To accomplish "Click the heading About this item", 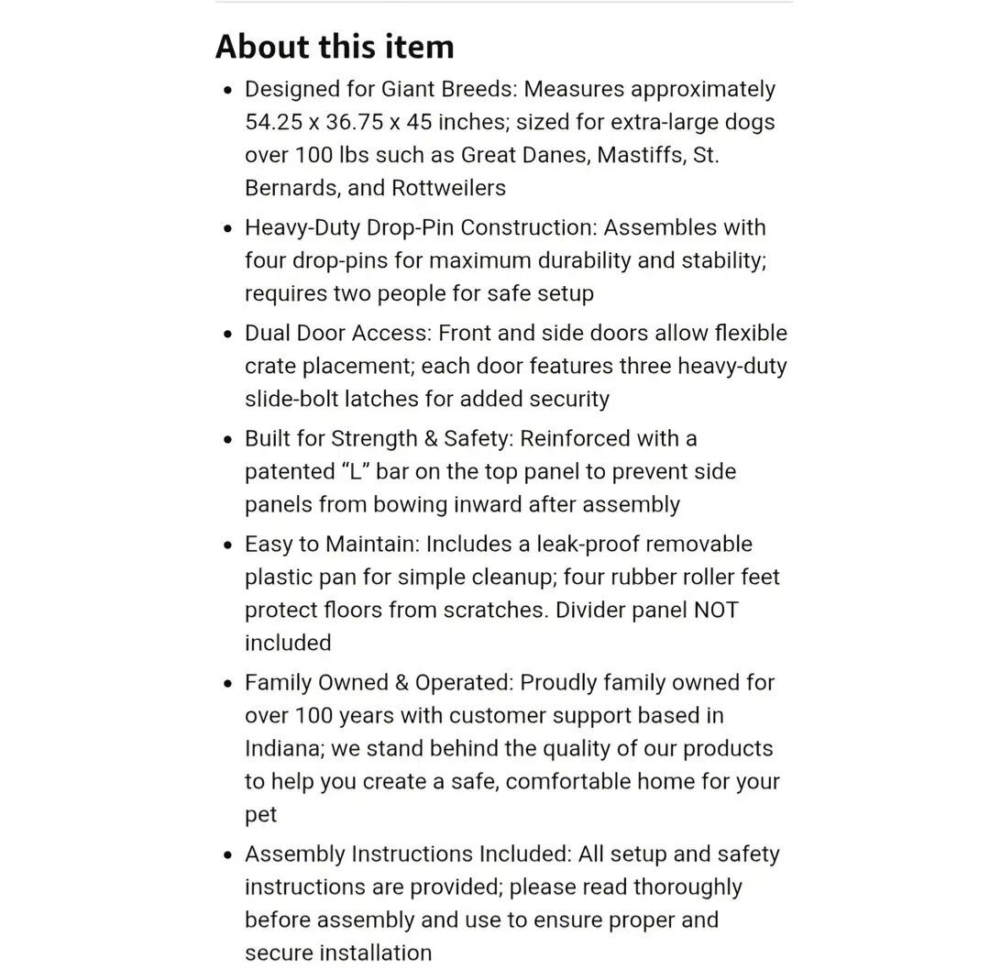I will click(335, 47).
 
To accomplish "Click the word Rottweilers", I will click(448, 188).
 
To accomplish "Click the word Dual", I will click(268, 333).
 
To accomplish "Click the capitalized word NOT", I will click(715, 610).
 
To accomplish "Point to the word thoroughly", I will click(687, 886).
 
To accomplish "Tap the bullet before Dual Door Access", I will click(228, 334).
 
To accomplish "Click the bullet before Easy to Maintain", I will click(228, 545).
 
